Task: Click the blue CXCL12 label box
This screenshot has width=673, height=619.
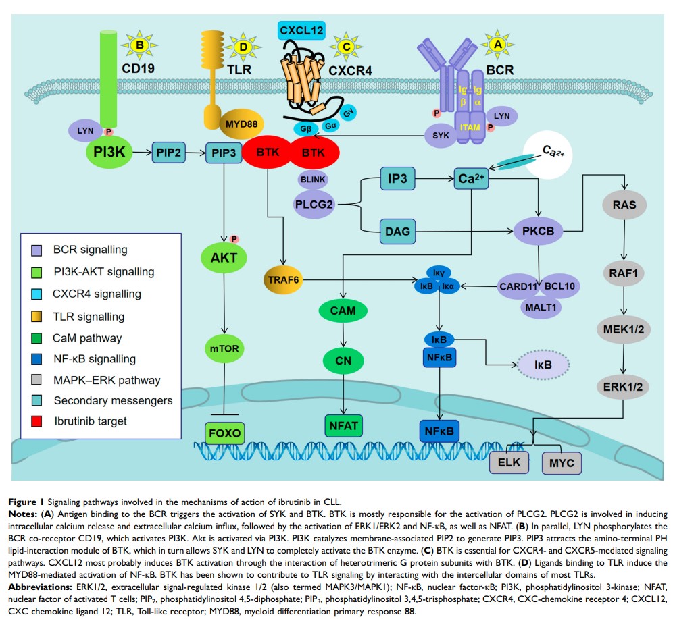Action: (301, 30)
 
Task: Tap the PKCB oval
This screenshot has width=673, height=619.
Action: (537, 231)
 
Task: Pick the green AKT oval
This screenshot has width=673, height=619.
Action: (224, 257)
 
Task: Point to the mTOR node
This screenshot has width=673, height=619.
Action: (224, 350)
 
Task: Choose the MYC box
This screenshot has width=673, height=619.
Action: (562, 464)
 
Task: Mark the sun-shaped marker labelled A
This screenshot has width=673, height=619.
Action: (499, 43)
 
